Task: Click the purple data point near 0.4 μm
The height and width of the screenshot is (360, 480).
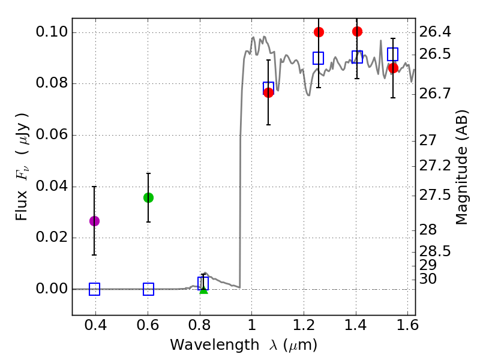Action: pos(94,221)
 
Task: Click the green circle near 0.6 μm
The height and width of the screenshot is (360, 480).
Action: pos(148,197)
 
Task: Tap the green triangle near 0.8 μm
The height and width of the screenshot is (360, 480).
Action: pos(203,290)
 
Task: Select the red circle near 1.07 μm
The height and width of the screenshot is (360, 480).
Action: pos(268,92)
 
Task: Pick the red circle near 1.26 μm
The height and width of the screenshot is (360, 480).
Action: pos(319,32)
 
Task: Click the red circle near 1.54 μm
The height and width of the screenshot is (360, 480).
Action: pos(393,68)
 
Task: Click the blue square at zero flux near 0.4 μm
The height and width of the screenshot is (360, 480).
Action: pos(94,289)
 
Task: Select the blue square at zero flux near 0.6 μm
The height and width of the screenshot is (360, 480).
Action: pos(148,289)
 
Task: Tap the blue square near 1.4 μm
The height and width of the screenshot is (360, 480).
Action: pos(357,57)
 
